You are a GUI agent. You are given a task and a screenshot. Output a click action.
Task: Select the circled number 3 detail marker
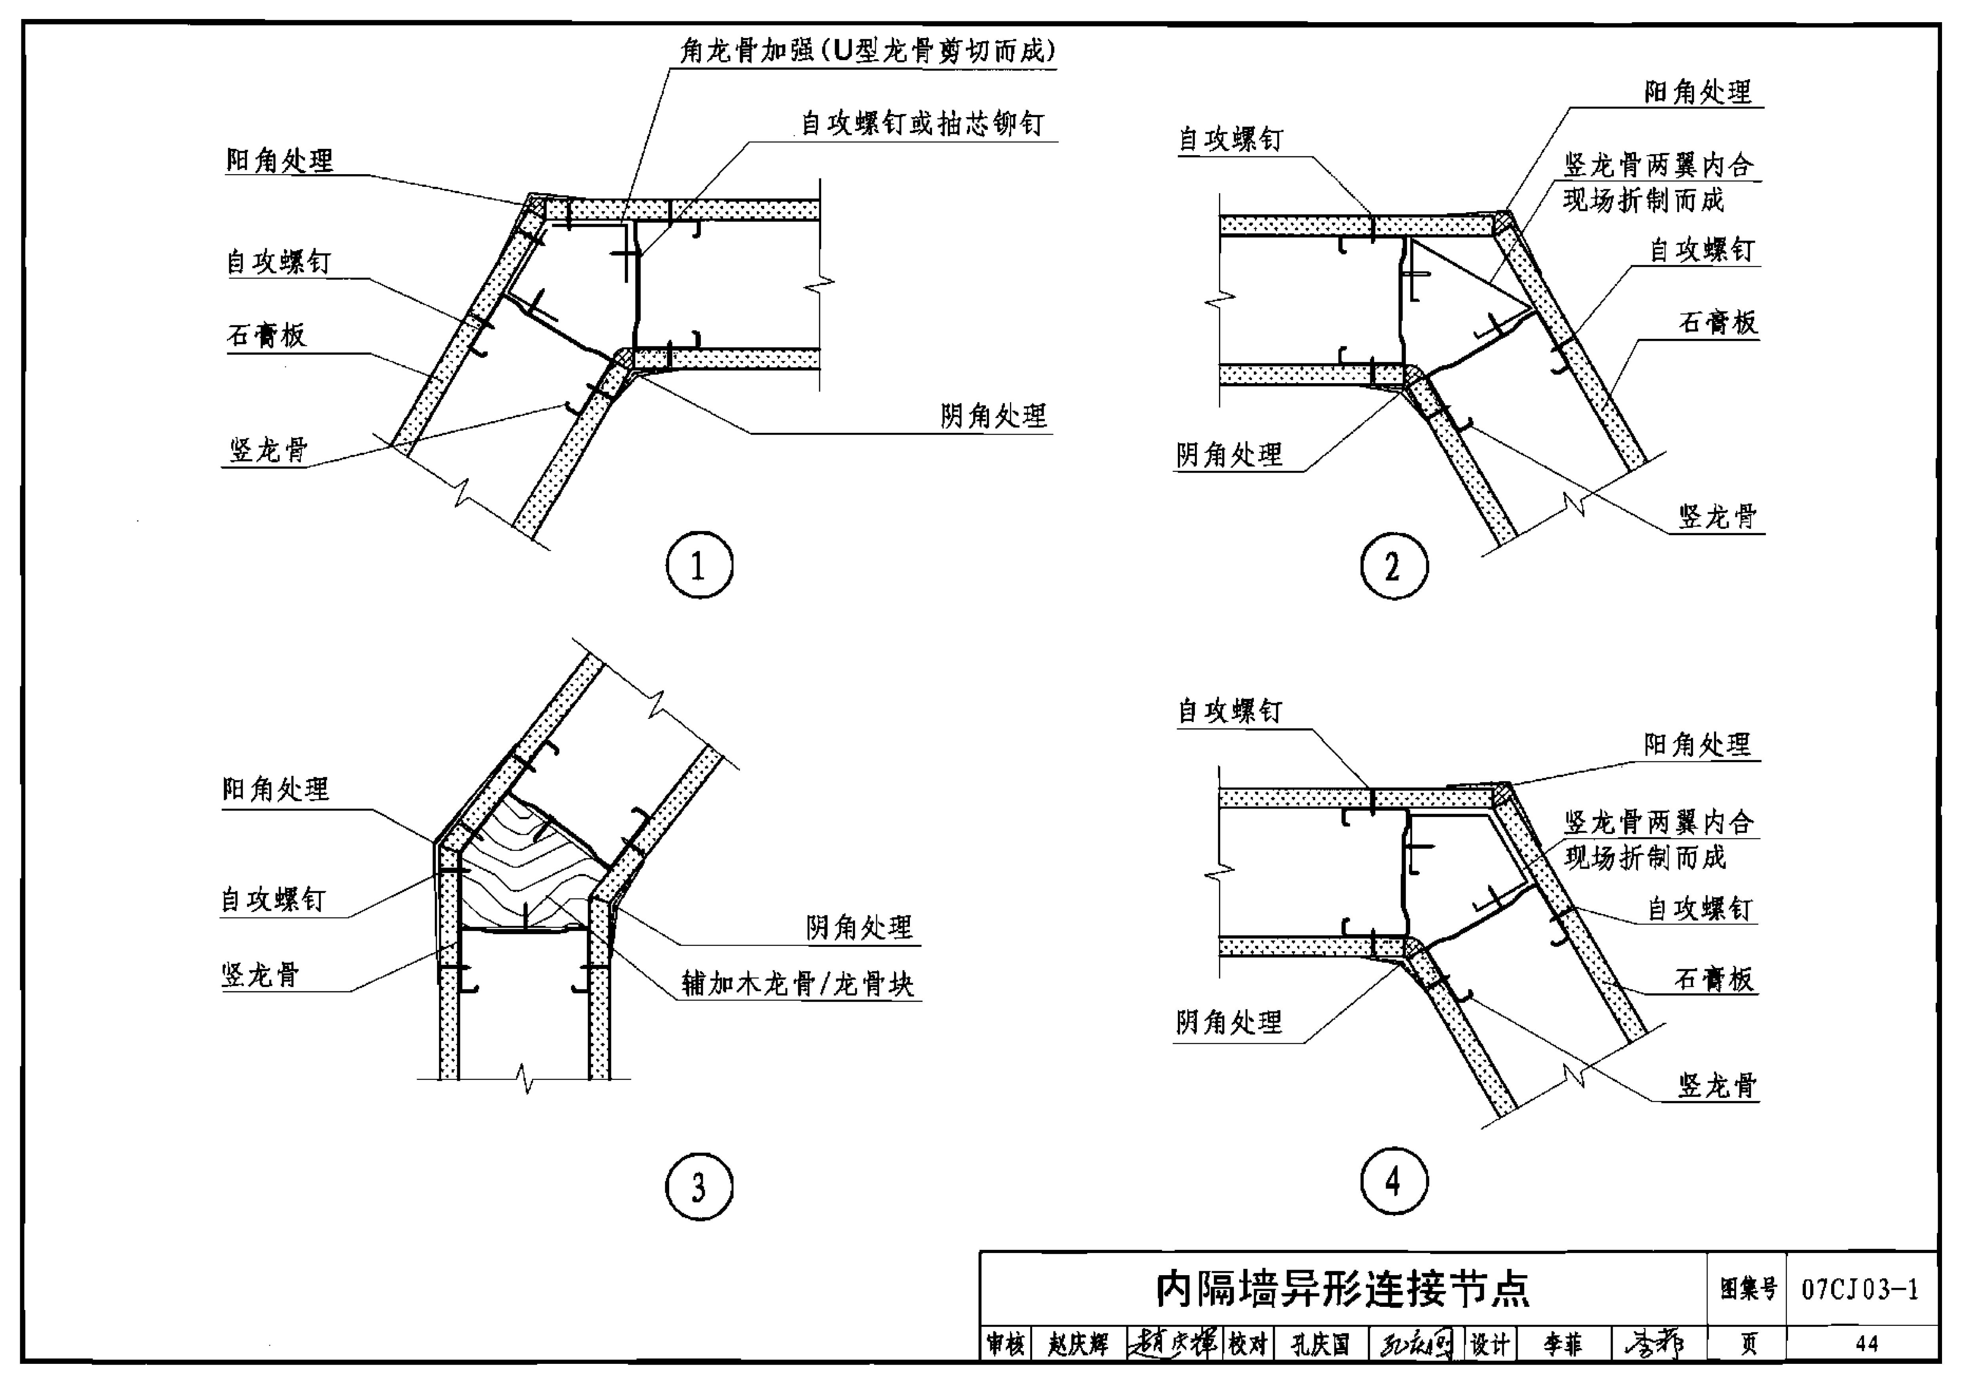(x=698, y=1187)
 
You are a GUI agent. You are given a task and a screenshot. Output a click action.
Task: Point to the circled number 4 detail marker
(x=1394, y=1181)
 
